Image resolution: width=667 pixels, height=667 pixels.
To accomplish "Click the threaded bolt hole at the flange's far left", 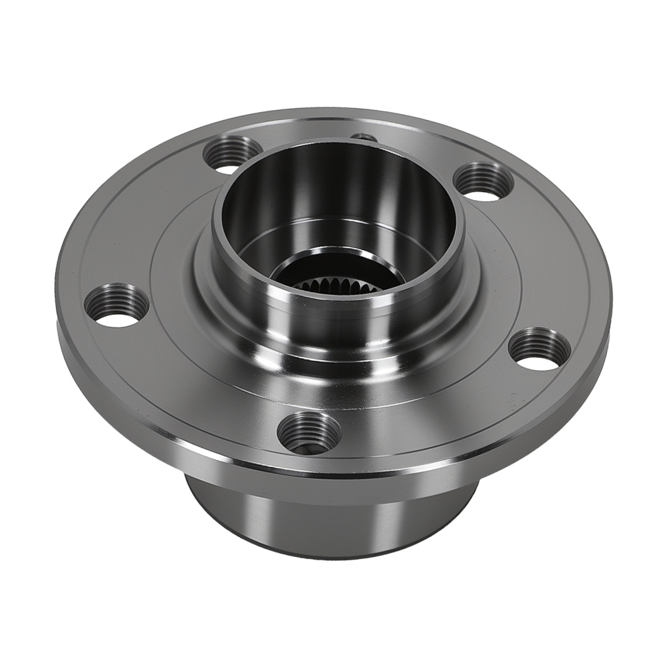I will tap(117, 305).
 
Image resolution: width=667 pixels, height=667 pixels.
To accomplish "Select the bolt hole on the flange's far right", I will tap(540, 348).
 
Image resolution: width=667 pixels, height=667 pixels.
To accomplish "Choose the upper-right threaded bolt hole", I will tap(483, 181).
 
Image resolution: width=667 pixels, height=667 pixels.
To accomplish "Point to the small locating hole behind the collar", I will tap(364, 137).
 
